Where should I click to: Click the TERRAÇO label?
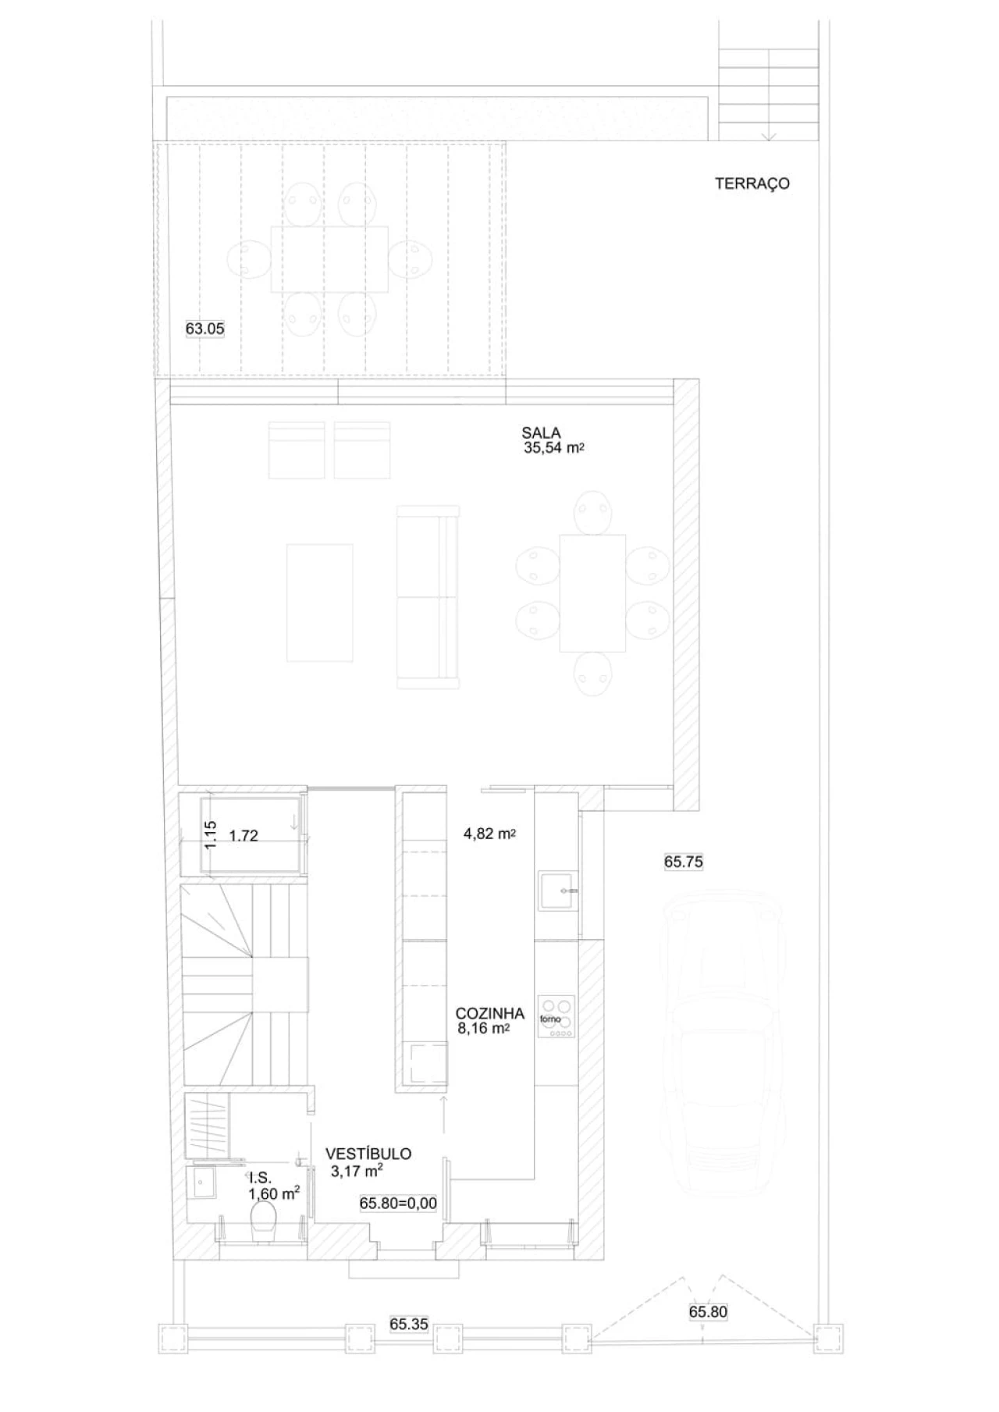click(x=752, y=184)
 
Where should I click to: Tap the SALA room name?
click(x=541, y=432)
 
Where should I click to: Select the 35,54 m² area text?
click(x=555, y=448)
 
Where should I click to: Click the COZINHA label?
click(x=489, y=1013)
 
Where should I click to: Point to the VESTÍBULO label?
click(x=368, y=1154)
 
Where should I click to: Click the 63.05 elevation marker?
click(x=204, y=329)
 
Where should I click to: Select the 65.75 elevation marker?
click(x=684, y=862)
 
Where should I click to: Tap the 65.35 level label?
click(x=409, y=1324)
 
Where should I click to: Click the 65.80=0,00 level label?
click(x=398, y=1203)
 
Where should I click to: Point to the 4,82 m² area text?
click(x=489, y=834)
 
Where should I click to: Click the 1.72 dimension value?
click(x=244, y=836)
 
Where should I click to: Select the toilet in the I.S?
click(x=264, y=1220)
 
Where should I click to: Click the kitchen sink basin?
click(x=559, y=891)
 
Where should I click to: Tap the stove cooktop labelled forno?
click(x=556, y=1017)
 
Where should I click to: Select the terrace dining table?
click(x=329, y=259)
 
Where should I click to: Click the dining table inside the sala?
click(x=592, y=593)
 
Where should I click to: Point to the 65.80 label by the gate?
click(x=708, y=1312)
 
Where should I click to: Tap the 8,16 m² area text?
click(x=483, y=1029)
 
